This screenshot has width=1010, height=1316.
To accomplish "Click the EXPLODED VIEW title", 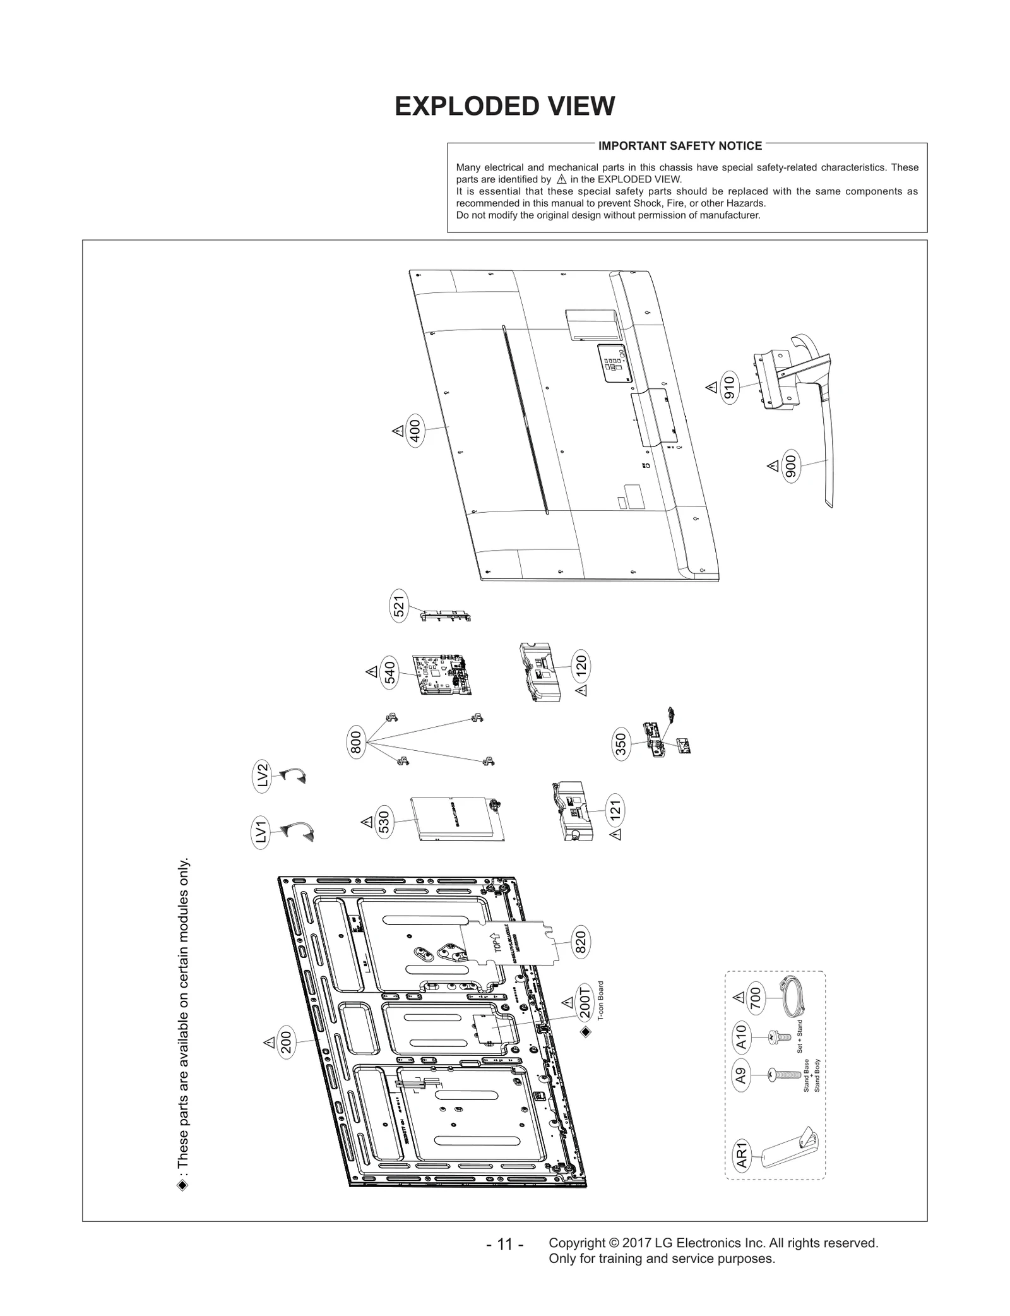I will pos(504,106).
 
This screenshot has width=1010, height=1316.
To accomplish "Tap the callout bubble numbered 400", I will pos(415,432).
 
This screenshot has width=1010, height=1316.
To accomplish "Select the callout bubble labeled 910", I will pos(729,388).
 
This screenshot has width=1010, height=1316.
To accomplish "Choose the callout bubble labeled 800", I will pos(356,741).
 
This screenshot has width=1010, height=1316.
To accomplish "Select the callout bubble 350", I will pos(621,745).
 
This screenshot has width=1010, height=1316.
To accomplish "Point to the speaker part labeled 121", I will pos(573,811).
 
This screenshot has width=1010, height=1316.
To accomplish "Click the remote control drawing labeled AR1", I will pos(788,1153).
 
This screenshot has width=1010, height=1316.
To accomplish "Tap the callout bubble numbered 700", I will pos(756,998).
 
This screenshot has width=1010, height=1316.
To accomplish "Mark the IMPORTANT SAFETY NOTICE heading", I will pos(680,146).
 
